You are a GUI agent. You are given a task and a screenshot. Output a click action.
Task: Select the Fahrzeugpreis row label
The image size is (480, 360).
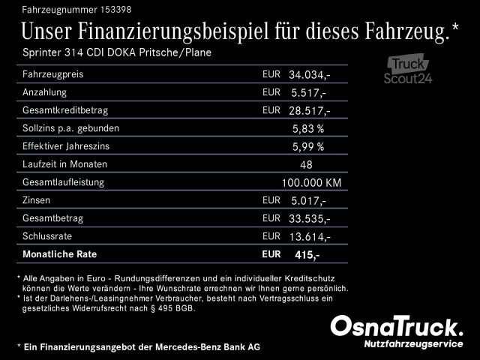53,75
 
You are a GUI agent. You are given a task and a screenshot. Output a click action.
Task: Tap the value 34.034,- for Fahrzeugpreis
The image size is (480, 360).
310,76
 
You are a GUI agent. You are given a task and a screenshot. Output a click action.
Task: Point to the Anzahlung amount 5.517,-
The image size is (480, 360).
307,93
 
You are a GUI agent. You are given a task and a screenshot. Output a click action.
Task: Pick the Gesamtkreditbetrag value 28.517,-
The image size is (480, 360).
310,111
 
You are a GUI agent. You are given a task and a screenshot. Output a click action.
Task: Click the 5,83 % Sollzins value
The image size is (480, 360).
308,129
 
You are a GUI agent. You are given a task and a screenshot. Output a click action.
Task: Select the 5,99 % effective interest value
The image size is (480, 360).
308,147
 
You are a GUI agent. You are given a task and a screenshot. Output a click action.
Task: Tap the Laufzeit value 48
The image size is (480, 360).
305,165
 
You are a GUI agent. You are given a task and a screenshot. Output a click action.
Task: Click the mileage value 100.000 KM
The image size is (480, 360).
311,183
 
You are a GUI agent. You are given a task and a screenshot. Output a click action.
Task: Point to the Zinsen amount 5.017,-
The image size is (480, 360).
307,201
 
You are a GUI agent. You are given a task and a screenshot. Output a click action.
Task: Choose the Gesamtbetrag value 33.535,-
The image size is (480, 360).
310,219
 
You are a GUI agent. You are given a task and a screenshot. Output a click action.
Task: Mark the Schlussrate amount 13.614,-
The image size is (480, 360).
310,237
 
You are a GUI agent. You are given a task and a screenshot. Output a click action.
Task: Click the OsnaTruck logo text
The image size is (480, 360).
397,327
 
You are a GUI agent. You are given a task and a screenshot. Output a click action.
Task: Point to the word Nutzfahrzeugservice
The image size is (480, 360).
411,343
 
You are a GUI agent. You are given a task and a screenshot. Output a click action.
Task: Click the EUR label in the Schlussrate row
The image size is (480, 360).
271,235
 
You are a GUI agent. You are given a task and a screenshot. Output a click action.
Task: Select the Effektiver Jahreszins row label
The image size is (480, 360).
69,146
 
